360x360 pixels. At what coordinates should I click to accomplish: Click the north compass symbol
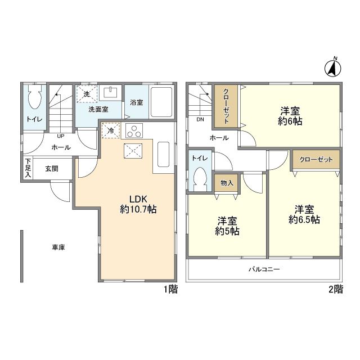(332, 67)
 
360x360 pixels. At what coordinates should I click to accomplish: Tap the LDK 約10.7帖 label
(138, 204)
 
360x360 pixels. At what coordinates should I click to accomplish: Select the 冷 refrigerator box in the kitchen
(111, 130)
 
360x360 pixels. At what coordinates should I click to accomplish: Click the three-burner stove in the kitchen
(134, 130)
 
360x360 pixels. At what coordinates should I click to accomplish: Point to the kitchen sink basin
(164, 154)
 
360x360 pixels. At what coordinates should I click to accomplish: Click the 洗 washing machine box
(87, 94)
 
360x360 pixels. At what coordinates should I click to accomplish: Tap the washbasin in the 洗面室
(111, 92)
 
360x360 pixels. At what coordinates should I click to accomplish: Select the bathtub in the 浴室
(161, 102)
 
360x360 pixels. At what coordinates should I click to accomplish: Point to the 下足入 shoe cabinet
(28, 168)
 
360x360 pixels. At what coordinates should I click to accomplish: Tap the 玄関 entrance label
(52, 169)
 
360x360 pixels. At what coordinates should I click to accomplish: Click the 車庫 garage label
(58, 247)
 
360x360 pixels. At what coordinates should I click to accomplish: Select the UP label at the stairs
(61, 136)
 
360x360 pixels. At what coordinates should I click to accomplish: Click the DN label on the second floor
(200, 119)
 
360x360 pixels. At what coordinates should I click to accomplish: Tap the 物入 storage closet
(227, 183)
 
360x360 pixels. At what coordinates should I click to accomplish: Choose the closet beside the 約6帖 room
(226, 106)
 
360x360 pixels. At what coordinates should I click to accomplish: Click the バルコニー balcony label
(264, 269)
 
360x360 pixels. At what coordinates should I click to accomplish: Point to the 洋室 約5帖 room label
(227, 226)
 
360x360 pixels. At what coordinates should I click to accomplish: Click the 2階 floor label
(336, 289)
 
